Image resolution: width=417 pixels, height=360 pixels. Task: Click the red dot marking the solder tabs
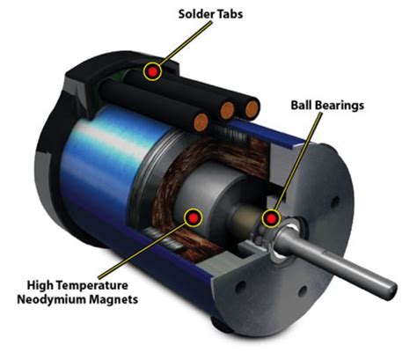coord(154,70)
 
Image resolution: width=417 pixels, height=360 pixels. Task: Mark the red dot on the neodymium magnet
coord(189,216)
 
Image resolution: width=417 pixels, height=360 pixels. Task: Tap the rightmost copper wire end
coord(252,109)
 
